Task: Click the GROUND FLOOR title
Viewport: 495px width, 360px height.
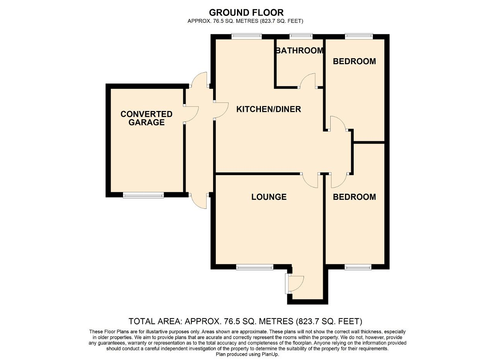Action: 246,13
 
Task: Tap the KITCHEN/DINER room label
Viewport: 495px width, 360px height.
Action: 268,109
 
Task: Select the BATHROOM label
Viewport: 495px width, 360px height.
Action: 299,51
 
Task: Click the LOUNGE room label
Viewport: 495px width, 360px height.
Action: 269,197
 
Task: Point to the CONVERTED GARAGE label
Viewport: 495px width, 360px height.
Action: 146,118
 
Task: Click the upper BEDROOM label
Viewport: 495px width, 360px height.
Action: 354,61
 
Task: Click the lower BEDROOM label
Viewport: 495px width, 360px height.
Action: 354,197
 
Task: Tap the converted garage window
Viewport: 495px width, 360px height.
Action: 143,195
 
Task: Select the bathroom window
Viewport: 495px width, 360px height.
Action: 301,37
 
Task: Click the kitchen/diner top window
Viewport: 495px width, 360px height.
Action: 247,37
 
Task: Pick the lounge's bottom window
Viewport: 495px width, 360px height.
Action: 255,267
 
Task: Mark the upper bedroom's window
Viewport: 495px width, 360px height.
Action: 359,37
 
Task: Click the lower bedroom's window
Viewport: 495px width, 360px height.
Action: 358,267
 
